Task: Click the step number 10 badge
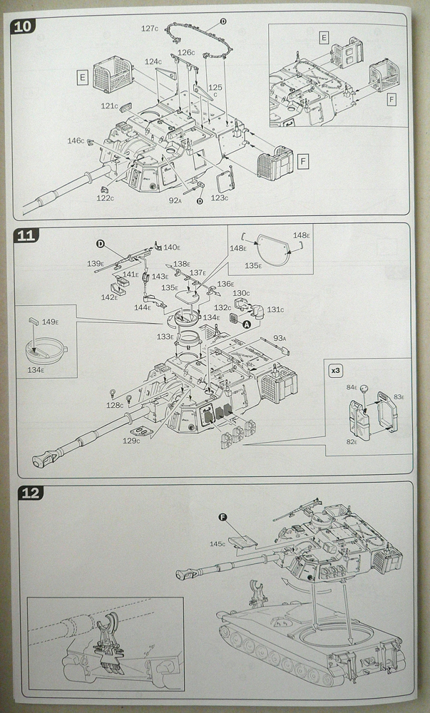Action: coord(22,26)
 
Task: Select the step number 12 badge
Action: coord(30,493)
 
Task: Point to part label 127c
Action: coord(150,29)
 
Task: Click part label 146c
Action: coord(76,140)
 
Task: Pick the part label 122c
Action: coord(105,198)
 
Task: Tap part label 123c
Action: coord(219,198)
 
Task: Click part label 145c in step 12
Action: coord(217,544)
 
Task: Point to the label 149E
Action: coord(49,322)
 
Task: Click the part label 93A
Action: coord(280,338)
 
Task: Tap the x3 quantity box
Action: coord(336,371)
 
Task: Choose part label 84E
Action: coord(352,387)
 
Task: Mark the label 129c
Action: coord(131,440)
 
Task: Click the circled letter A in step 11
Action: coord(247,324)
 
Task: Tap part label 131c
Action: coord(275,309)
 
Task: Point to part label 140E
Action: coord(172,247)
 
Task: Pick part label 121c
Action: coord(109,106)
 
